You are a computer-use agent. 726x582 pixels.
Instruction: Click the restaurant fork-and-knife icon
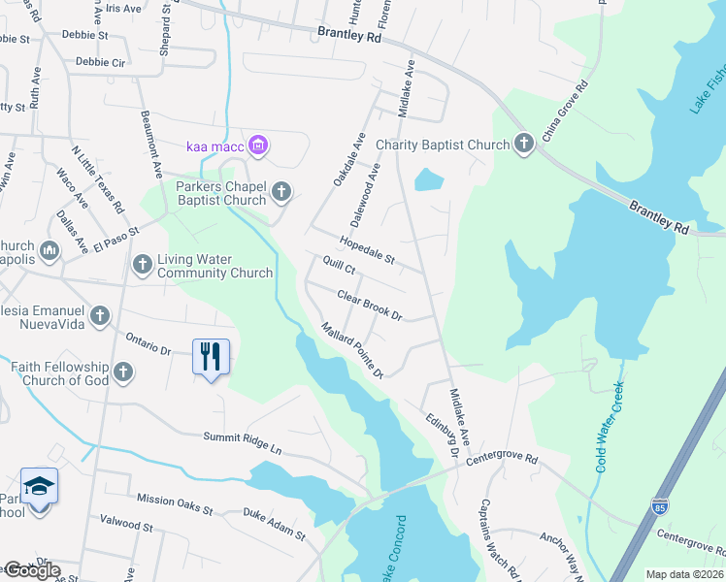211,357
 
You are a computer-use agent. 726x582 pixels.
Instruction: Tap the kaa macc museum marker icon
257,146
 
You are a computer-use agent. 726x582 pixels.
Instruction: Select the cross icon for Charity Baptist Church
524,145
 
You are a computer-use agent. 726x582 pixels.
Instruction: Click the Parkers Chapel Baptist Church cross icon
281,191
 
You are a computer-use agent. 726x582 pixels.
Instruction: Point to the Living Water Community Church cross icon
143,264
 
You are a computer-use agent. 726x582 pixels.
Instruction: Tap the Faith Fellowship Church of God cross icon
122,372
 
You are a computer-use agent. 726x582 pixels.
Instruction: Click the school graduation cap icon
39,487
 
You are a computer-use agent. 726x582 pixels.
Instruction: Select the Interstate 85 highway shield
659,505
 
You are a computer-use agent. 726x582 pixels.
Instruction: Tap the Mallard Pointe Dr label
353,350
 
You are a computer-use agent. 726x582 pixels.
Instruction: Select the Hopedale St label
367,250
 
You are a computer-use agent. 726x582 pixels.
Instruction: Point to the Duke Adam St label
274,524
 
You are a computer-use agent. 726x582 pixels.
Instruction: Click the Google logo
31,570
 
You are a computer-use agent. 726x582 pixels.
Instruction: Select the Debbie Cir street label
101,61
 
